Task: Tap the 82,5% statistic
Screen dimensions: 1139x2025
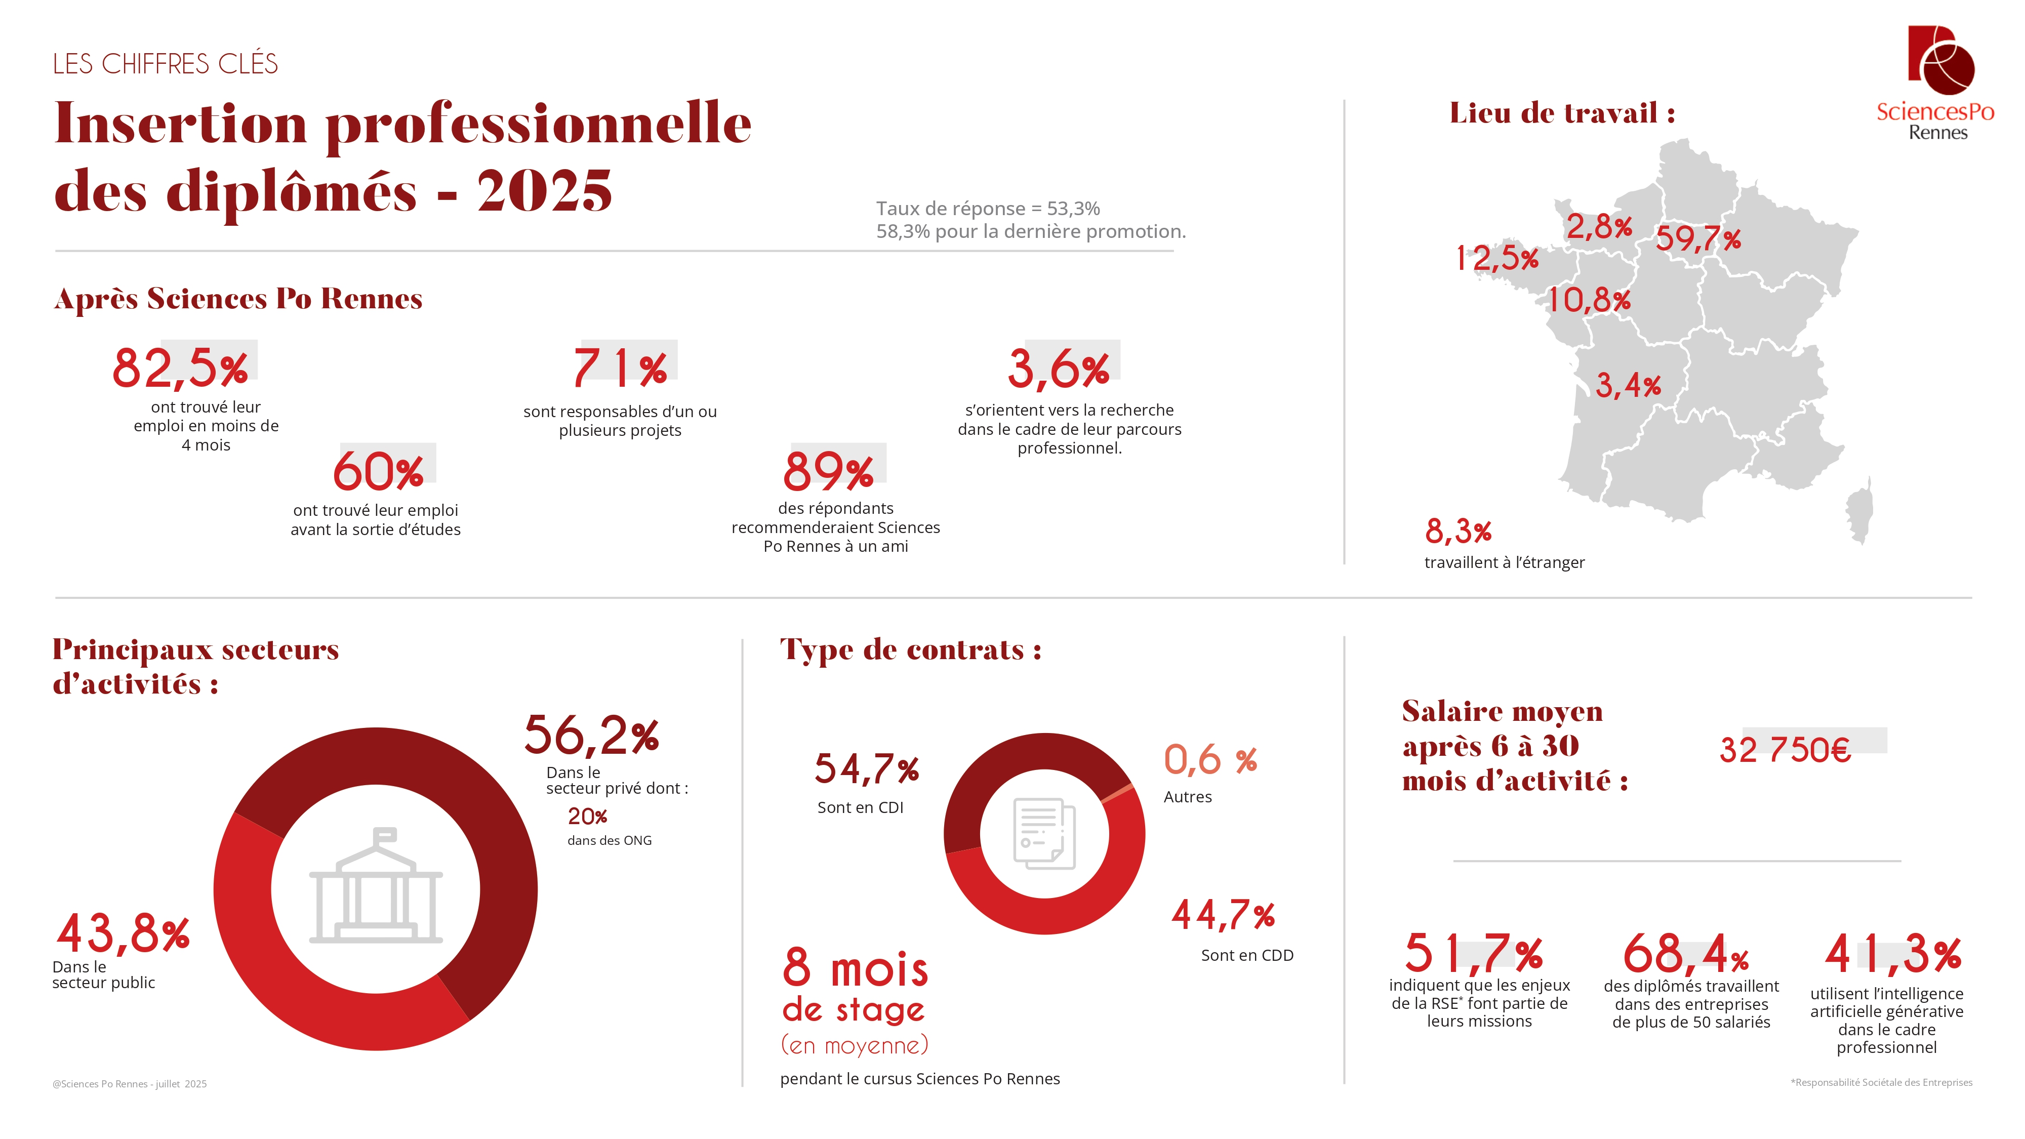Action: click(x=180, y=368)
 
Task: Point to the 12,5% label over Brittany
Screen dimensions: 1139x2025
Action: click(x=1497, y=257)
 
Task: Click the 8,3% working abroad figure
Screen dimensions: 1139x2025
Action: click(x=1457, y=532)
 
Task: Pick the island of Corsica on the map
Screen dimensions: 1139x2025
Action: click(x=1860, y=515)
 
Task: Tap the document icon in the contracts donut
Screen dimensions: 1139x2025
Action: click(x=1044, y=833)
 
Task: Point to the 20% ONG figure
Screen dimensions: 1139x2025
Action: click(x=587, y=817)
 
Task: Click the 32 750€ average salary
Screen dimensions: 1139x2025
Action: click(x=1785, y=749)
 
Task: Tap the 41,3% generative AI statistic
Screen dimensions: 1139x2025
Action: click(x=1893, y=954)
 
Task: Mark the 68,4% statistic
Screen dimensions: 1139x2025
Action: click(x=1685, y=954)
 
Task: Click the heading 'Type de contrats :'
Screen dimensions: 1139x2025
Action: click(x=910, y=650)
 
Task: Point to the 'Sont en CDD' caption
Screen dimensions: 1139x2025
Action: click(x=1247, y=955)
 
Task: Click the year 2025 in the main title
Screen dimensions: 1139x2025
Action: click(x=544, y=191)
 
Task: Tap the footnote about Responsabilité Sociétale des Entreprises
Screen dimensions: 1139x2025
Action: click(x=1881, y=1082)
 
